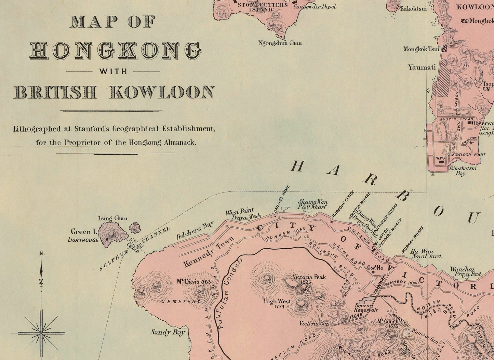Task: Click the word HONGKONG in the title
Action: (115, 50)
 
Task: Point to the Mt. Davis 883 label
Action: (193, 282)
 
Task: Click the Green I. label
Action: (84, 232)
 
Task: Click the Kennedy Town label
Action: (209, 252)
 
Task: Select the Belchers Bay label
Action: (195, 230)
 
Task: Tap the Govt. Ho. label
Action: (376, 268)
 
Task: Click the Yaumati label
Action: (422, 67)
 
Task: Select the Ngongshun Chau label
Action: (280, 43)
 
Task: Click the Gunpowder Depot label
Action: (314, 6)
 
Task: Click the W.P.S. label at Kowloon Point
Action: (440, 158)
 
